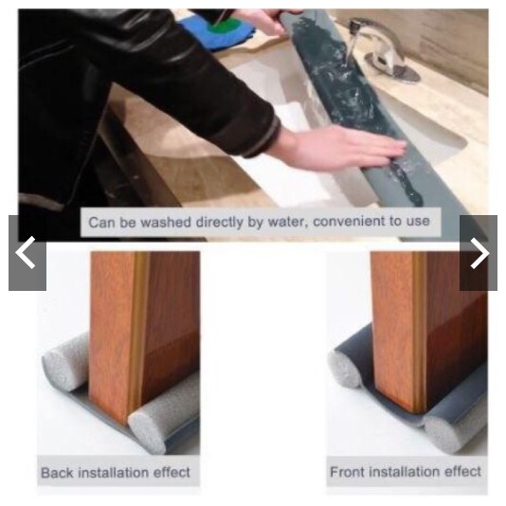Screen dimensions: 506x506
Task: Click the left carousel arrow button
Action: pyautogui.click(x=27, y=253)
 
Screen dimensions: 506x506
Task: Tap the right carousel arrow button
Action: pyautogui.click(x=479, y=253)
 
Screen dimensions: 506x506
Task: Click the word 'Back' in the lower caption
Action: pyautogui.click(x=57, y=473)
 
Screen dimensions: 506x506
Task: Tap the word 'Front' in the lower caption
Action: pyautogui.click(x=347, y=472)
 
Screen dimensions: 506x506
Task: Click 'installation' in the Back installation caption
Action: pyautogui.click(x=114, y=473)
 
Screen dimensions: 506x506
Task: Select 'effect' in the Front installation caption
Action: pyautogui.click(x=463, y=472)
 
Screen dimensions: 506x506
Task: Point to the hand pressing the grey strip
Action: pyautogui.click(x=342, y=147)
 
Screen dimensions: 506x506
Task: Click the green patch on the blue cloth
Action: pyautogui.click(x=225, y=26)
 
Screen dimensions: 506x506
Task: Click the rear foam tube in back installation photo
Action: pyautogui.click(x=65, y=361)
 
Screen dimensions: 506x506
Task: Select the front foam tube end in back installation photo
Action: pyautogui.click(x=147, y=432)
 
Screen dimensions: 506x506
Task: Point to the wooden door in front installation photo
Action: pyautogui.click(x=426, y=329)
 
